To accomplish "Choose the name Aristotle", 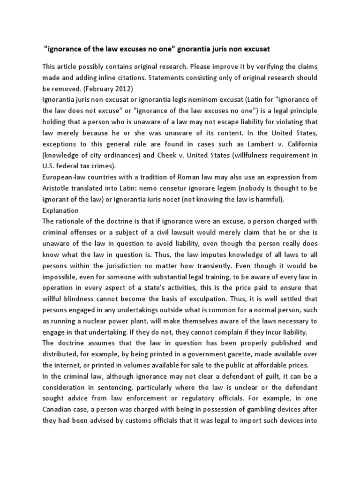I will pyautogui.click(x=58, y=188).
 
